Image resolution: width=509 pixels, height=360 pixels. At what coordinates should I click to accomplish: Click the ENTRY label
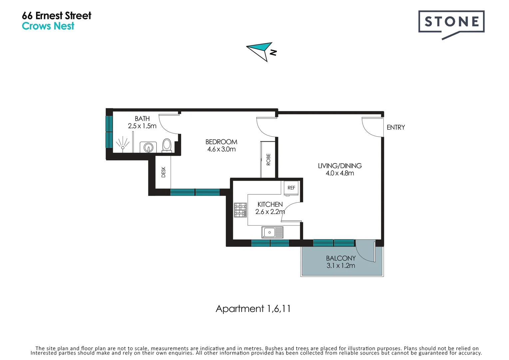tap(396, 127)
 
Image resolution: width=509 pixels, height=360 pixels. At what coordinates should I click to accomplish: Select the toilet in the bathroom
tap(167, 145)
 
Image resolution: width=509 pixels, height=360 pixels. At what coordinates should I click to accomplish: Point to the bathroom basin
tap(148, 147)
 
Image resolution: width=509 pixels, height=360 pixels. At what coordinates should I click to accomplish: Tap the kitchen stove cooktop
tap(240, 210)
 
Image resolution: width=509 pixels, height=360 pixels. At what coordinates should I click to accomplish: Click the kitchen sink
tap(272, 232)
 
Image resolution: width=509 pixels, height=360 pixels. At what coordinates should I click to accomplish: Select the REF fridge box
tap(291, 188)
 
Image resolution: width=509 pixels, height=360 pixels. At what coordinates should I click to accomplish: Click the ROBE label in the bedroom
tap(268, 160)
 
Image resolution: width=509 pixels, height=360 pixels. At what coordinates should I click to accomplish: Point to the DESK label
tap(163, 172)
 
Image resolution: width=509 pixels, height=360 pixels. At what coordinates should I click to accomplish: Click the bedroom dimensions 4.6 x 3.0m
tap(221, 149)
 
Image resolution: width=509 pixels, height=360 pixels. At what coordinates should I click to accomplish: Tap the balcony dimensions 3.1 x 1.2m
tap(340, 266)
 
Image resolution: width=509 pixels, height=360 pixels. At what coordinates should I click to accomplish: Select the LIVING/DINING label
tap(339, 166)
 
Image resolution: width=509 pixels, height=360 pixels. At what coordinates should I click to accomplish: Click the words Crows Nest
tap(48, 26)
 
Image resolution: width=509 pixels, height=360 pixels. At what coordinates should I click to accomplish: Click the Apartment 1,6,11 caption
tap(253, 309)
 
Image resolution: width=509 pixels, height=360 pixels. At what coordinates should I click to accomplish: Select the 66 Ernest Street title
tap(56, 16)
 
